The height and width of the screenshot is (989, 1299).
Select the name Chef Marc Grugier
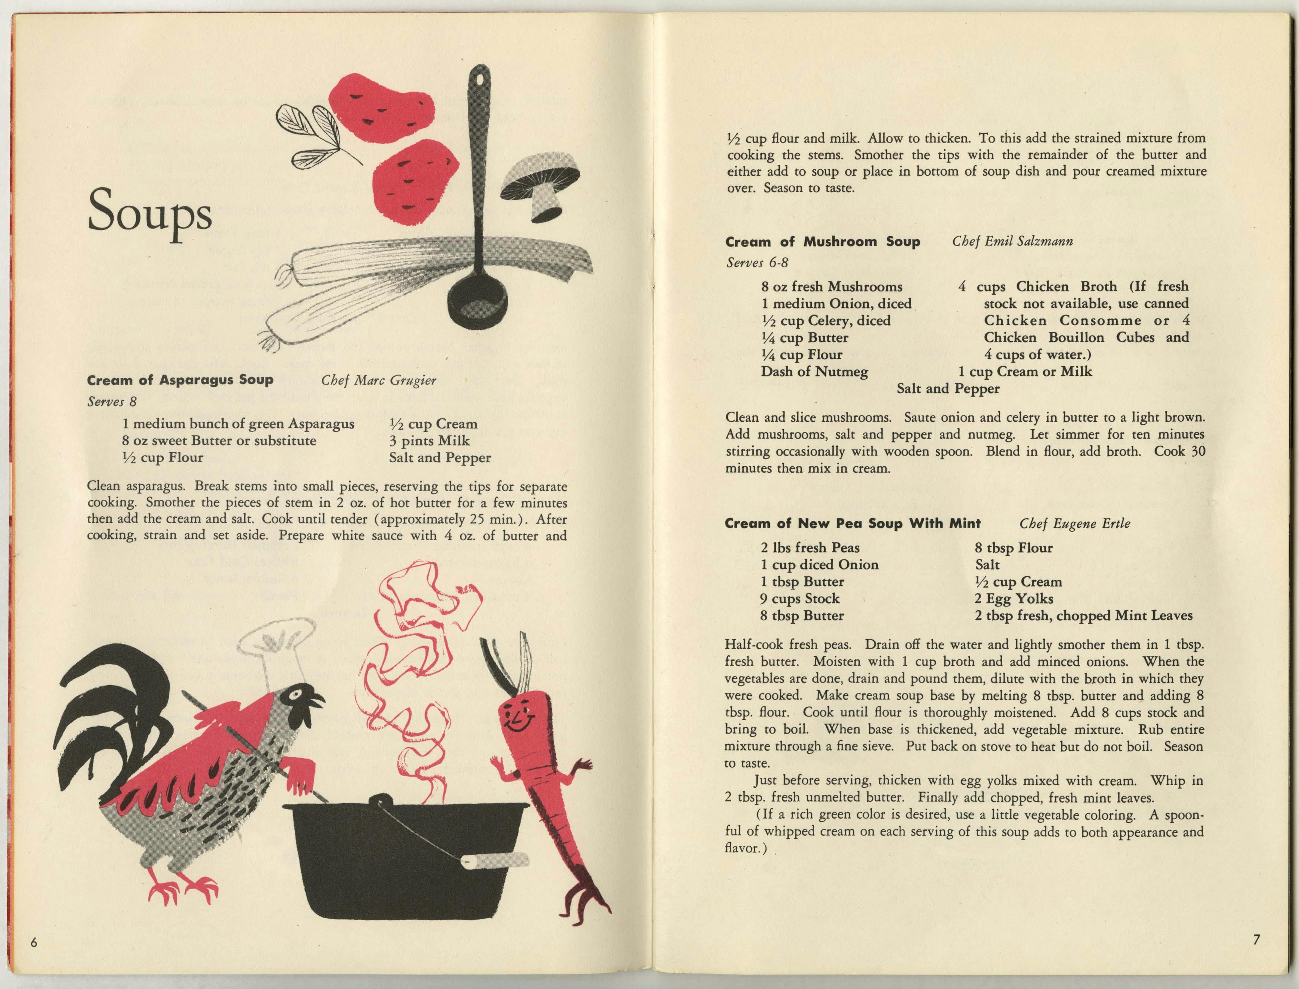[x=379, y=380]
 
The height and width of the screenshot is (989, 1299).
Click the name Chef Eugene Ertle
[x=1075, y=523]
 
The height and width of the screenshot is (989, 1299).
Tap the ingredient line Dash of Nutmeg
[x=814, y=372]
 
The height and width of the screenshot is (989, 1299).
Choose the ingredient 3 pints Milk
[x=429, y=441]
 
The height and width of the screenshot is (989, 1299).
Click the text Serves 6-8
[x=756, y=262]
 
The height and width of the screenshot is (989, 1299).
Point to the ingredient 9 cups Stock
[x=800, y=599]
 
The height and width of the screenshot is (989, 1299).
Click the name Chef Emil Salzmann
[x=1012, y=241]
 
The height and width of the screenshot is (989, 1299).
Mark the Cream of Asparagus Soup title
[x=180, y=380]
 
